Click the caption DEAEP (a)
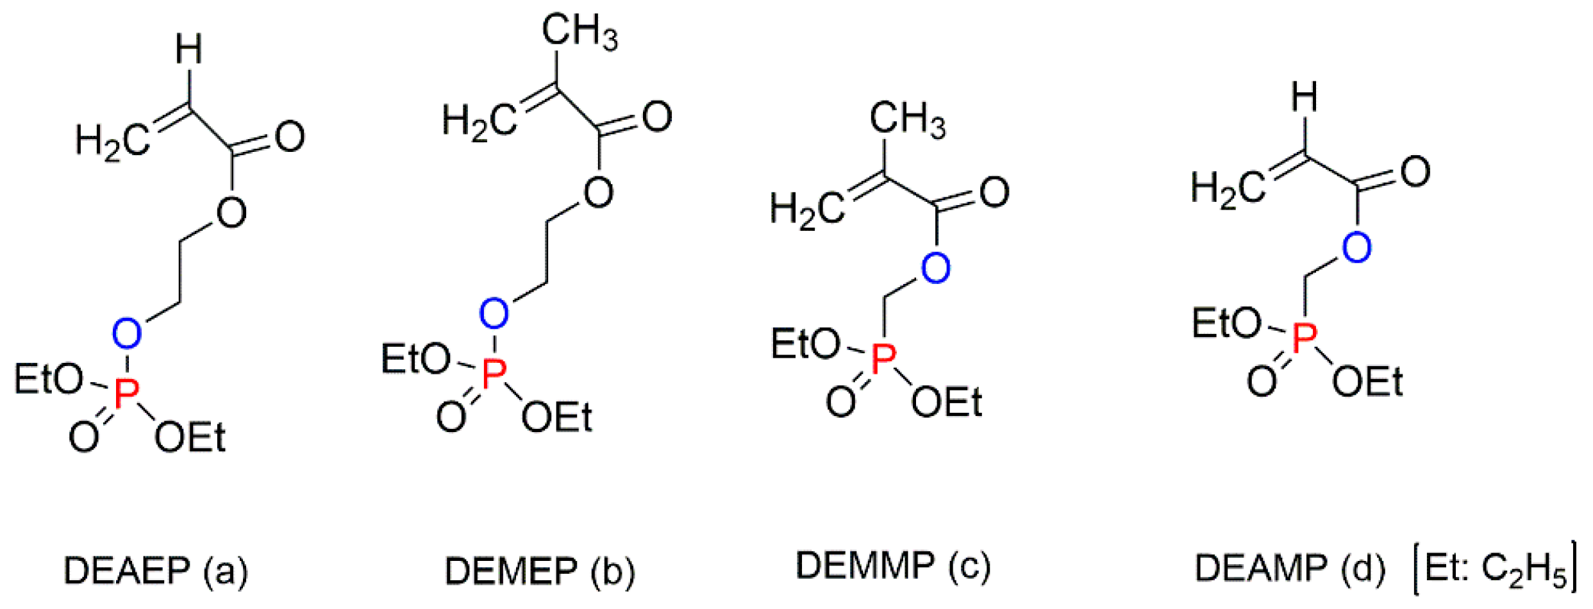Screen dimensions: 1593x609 pos(155,570)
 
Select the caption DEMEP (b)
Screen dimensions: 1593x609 pos(540,570)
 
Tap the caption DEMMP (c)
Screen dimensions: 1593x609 pos(893,565)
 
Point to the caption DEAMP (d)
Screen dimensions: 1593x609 pos(1290,568)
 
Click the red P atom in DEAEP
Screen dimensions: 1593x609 pos(126,393)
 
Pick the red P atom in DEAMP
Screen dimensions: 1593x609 pos(1305,338)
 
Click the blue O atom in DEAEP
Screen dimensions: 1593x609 pos(126,333)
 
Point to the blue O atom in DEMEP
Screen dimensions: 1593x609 pos(494,313)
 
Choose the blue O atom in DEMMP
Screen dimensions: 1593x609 pos(935,267)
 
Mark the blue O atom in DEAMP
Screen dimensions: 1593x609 pos(1356,247)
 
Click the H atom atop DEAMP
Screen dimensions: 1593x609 pos(1305,97)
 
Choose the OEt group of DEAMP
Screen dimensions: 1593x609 pos(1367,382)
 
